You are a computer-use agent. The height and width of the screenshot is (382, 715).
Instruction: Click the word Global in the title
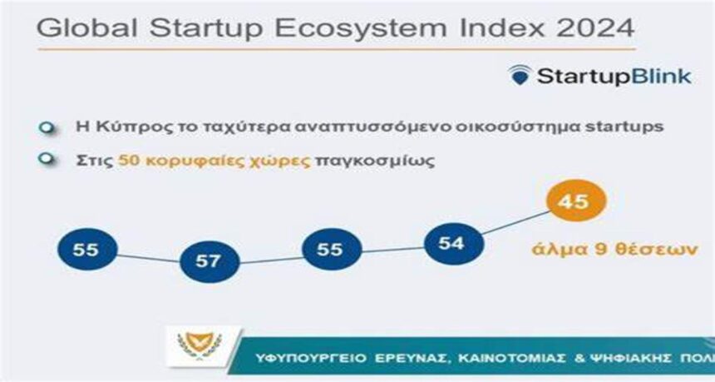[x=86, y=28]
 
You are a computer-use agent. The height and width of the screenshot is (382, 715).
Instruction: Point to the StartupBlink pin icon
[x=520, y=75]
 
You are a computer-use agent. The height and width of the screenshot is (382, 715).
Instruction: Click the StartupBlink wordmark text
[x=614, y=77]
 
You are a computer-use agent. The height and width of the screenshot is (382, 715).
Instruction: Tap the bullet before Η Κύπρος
[x=47, y=128]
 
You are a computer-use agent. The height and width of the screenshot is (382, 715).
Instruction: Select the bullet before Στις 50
[x=47, y=160]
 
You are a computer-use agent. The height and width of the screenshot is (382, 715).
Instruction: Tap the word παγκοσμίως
[x=374, y=161]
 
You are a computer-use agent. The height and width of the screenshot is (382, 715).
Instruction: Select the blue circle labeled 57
[x=210, y=261]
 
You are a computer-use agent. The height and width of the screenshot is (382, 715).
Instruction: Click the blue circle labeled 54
[x=453, y=244]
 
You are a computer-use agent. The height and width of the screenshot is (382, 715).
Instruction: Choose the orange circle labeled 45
[x=576, y=201]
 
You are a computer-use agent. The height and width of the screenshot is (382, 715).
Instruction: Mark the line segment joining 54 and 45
[x=515, y=223]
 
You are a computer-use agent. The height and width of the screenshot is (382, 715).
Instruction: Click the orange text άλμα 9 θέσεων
[x=614, y=250]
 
